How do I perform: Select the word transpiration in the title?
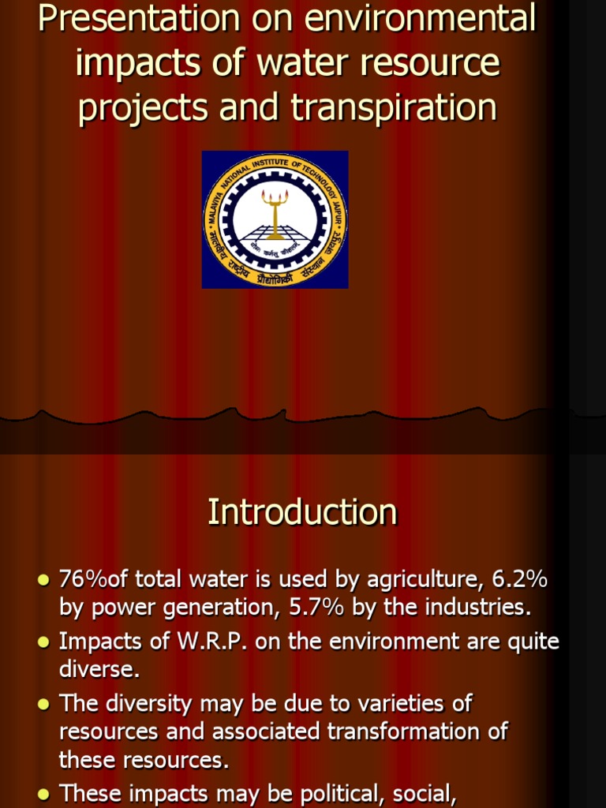pos(394,109)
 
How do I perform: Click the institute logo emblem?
pos(275,219)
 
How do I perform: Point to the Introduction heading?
pos(302,512)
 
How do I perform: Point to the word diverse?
pos(99,669)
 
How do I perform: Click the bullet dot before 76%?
pos(43,581)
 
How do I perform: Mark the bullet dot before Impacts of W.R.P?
pos(43,642)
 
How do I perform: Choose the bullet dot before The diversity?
pos(43,702)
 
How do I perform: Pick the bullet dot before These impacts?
pos(43,792)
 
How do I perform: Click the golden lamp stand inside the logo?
pos(275,213)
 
